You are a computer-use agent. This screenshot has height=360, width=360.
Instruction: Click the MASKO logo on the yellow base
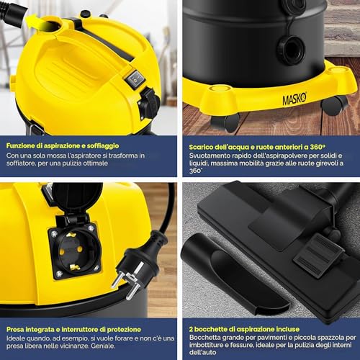click(x=294, y=99)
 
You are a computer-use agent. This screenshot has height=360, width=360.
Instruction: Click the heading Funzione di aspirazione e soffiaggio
click(x=63, y=146)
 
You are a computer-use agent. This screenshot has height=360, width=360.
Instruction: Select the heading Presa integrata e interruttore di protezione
click(x=73, y=329)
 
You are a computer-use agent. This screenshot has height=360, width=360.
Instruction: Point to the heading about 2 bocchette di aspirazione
click(x=244, y=329)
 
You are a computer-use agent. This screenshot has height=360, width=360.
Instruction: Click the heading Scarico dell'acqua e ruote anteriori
click(x=257, y=147)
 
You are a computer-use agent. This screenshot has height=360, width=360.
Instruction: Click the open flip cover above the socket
click(x=77, y=198)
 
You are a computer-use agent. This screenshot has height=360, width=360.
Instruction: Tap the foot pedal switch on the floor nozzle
click(x=319, y=256)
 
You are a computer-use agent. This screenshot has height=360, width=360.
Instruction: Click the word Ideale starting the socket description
click(x=15, y=338)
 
